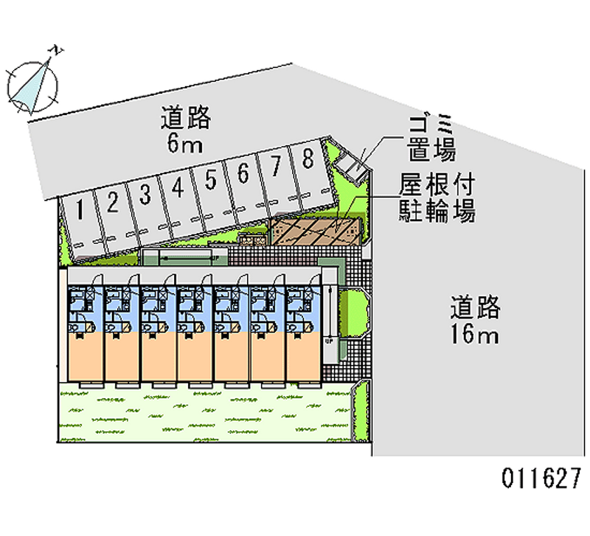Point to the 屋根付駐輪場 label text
pos(437,198)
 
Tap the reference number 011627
pos(542,478)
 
